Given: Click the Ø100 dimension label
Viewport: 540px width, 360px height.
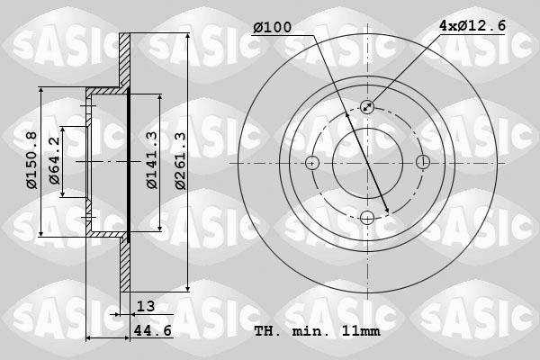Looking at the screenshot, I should point(272,28).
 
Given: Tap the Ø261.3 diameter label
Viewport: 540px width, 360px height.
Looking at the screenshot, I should point(180,160).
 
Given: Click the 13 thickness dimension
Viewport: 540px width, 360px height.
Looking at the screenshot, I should point(146,307).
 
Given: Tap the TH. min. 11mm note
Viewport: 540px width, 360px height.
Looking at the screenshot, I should point(316,331).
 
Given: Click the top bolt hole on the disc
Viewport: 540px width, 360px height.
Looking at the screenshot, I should point(367,107).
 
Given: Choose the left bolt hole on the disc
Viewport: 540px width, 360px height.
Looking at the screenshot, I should point(312,163).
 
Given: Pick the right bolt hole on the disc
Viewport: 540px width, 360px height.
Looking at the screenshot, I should point(423,163).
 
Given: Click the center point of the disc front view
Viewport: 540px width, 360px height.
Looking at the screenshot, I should point(367,163).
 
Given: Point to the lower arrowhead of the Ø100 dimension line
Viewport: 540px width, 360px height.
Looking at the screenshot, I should point(387,211).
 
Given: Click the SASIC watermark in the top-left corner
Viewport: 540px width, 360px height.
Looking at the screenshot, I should point(55,42).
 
